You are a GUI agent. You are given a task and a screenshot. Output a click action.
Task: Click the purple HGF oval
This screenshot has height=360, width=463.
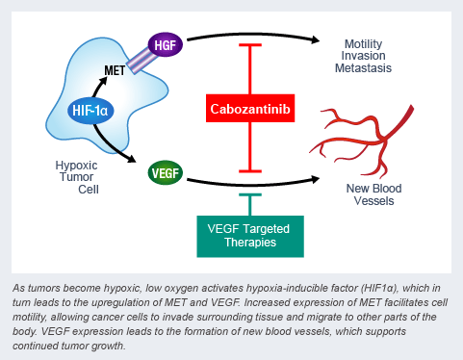click(166, 44)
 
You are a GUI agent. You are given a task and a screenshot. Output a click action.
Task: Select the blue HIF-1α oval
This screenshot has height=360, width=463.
click(90, 111)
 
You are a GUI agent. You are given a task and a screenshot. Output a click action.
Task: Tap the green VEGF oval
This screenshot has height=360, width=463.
click(166, 173)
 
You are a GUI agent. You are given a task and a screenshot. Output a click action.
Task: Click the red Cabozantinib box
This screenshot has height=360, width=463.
click(250, 109)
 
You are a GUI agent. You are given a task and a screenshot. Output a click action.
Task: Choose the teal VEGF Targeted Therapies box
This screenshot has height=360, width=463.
click(250, 236)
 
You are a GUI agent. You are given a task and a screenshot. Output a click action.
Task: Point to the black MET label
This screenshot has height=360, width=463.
click(115, 70)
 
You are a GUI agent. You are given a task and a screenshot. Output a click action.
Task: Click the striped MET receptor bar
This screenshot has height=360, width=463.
click(142, 61)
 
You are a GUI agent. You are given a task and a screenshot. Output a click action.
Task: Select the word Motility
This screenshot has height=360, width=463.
click(363, 44)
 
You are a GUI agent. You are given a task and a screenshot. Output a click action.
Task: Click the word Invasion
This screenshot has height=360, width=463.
click(363, 56)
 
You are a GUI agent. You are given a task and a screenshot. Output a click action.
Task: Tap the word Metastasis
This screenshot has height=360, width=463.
click(363, 68)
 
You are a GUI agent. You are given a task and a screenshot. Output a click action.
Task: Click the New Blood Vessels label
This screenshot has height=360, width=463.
click(373, 194)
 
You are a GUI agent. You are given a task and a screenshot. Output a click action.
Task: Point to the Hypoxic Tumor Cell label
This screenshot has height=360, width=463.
click(77, 177)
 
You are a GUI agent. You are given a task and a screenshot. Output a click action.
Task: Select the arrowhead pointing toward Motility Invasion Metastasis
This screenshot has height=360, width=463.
click(316, 39)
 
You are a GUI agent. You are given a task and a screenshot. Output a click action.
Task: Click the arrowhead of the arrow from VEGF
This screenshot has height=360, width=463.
click(316, 179)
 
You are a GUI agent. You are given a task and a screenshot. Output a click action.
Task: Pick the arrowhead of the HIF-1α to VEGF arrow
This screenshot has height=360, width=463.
click(132, 158)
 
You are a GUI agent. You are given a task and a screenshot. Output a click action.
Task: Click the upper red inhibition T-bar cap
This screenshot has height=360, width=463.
click(250, 45)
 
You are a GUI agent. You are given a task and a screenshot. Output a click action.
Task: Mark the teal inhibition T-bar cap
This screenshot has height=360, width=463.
click(250, 194)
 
